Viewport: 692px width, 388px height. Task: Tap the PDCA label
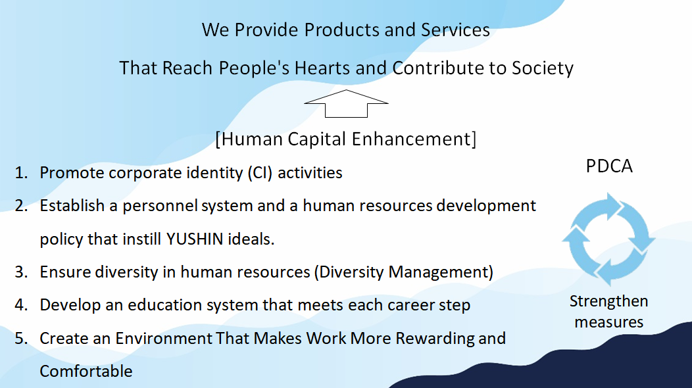(609, 166)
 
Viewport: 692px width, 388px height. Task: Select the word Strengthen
(608, 301)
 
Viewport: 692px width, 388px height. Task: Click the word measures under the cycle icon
(608, 322)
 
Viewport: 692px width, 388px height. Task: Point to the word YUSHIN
(195, 239)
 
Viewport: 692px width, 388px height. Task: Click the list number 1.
(21, 173)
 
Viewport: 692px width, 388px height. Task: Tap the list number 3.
(21, 272)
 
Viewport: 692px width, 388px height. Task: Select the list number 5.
(21, 339)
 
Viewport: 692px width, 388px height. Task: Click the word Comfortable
(86, 371)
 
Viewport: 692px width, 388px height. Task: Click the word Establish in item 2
(72, 206)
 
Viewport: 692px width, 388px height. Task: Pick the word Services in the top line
(455, 30)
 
